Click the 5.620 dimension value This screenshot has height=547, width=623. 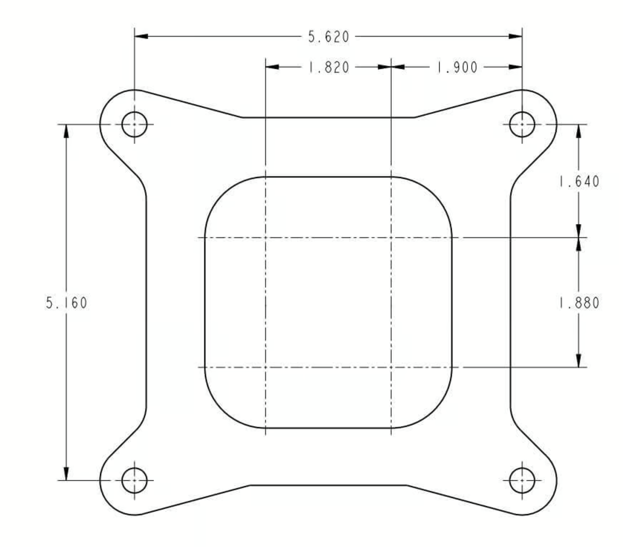pyautogui.click(x=329, y=37)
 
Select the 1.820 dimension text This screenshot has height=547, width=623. pyautogui.click(x=329, y=68)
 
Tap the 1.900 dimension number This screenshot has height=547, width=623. pyautogui.click(x=457, y=68)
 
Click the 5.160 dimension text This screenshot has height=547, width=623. pyautogui.click(x=67, y=303)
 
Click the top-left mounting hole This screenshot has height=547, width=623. pyautogui.click(x=134, y=124)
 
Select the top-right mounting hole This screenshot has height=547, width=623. pyautogui.click(x=522, y=124)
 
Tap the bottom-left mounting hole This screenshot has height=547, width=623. pyautogui.click(x=134, y=480)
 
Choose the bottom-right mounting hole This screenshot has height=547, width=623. pyautogui.click(x=522, y=480)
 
